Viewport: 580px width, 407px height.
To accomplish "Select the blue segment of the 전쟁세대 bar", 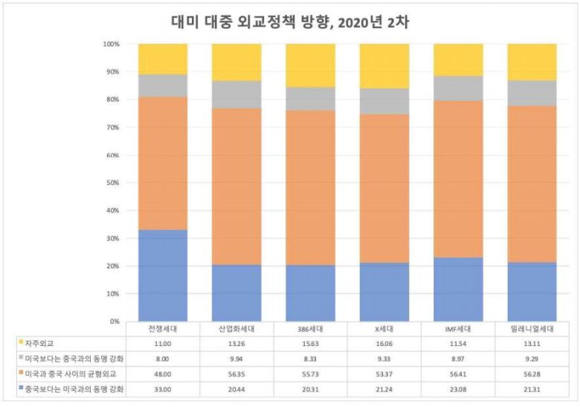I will [163, 276].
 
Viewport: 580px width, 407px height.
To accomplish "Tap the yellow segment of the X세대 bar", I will [384, 65].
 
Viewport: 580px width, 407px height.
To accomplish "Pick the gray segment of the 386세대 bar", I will [310, 99].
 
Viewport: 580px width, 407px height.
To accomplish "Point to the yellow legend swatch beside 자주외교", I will [19, 342].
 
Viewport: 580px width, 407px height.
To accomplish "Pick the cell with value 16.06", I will [384, 343].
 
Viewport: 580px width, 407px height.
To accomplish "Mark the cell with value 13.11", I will [532, 343].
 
